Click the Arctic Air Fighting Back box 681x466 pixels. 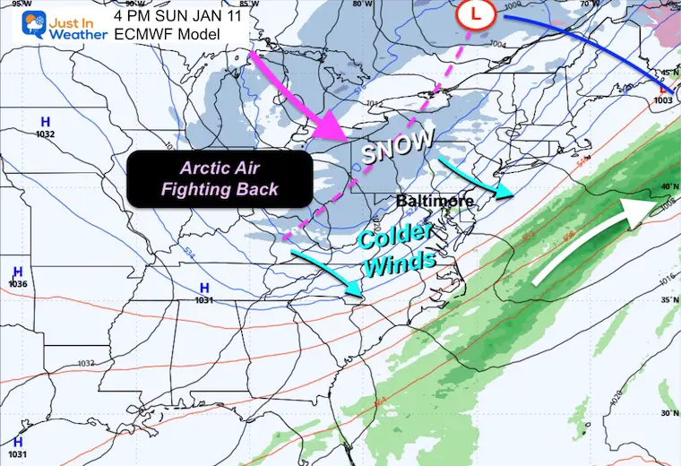(220, 177)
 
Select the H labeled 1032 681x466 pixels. (45, 120)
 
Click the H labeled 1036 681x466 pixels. (18, 272)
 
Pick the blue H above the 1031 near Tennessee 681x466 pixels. (204, 288)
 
